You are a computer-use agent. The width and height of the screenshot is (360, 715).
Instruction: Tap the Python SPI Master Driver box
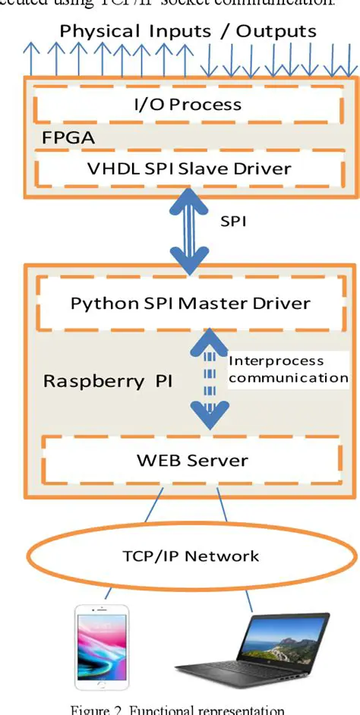pos(190,304)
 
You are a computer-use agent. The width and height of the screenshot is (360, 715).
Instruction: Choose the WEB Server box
pos(191,460)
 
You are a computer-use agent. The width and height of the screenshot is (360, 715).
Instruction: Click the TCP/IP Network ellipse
pos(191,556)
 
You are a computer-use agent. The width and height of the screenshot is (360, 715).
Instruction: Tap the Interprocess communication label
pos(287,369)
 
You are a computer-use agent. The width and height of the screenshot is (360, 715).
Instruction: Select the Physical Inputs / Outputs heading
pos(188,31)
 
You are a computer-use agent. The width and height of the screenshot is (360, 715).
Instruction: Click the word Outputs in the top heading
pos(276,31)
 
